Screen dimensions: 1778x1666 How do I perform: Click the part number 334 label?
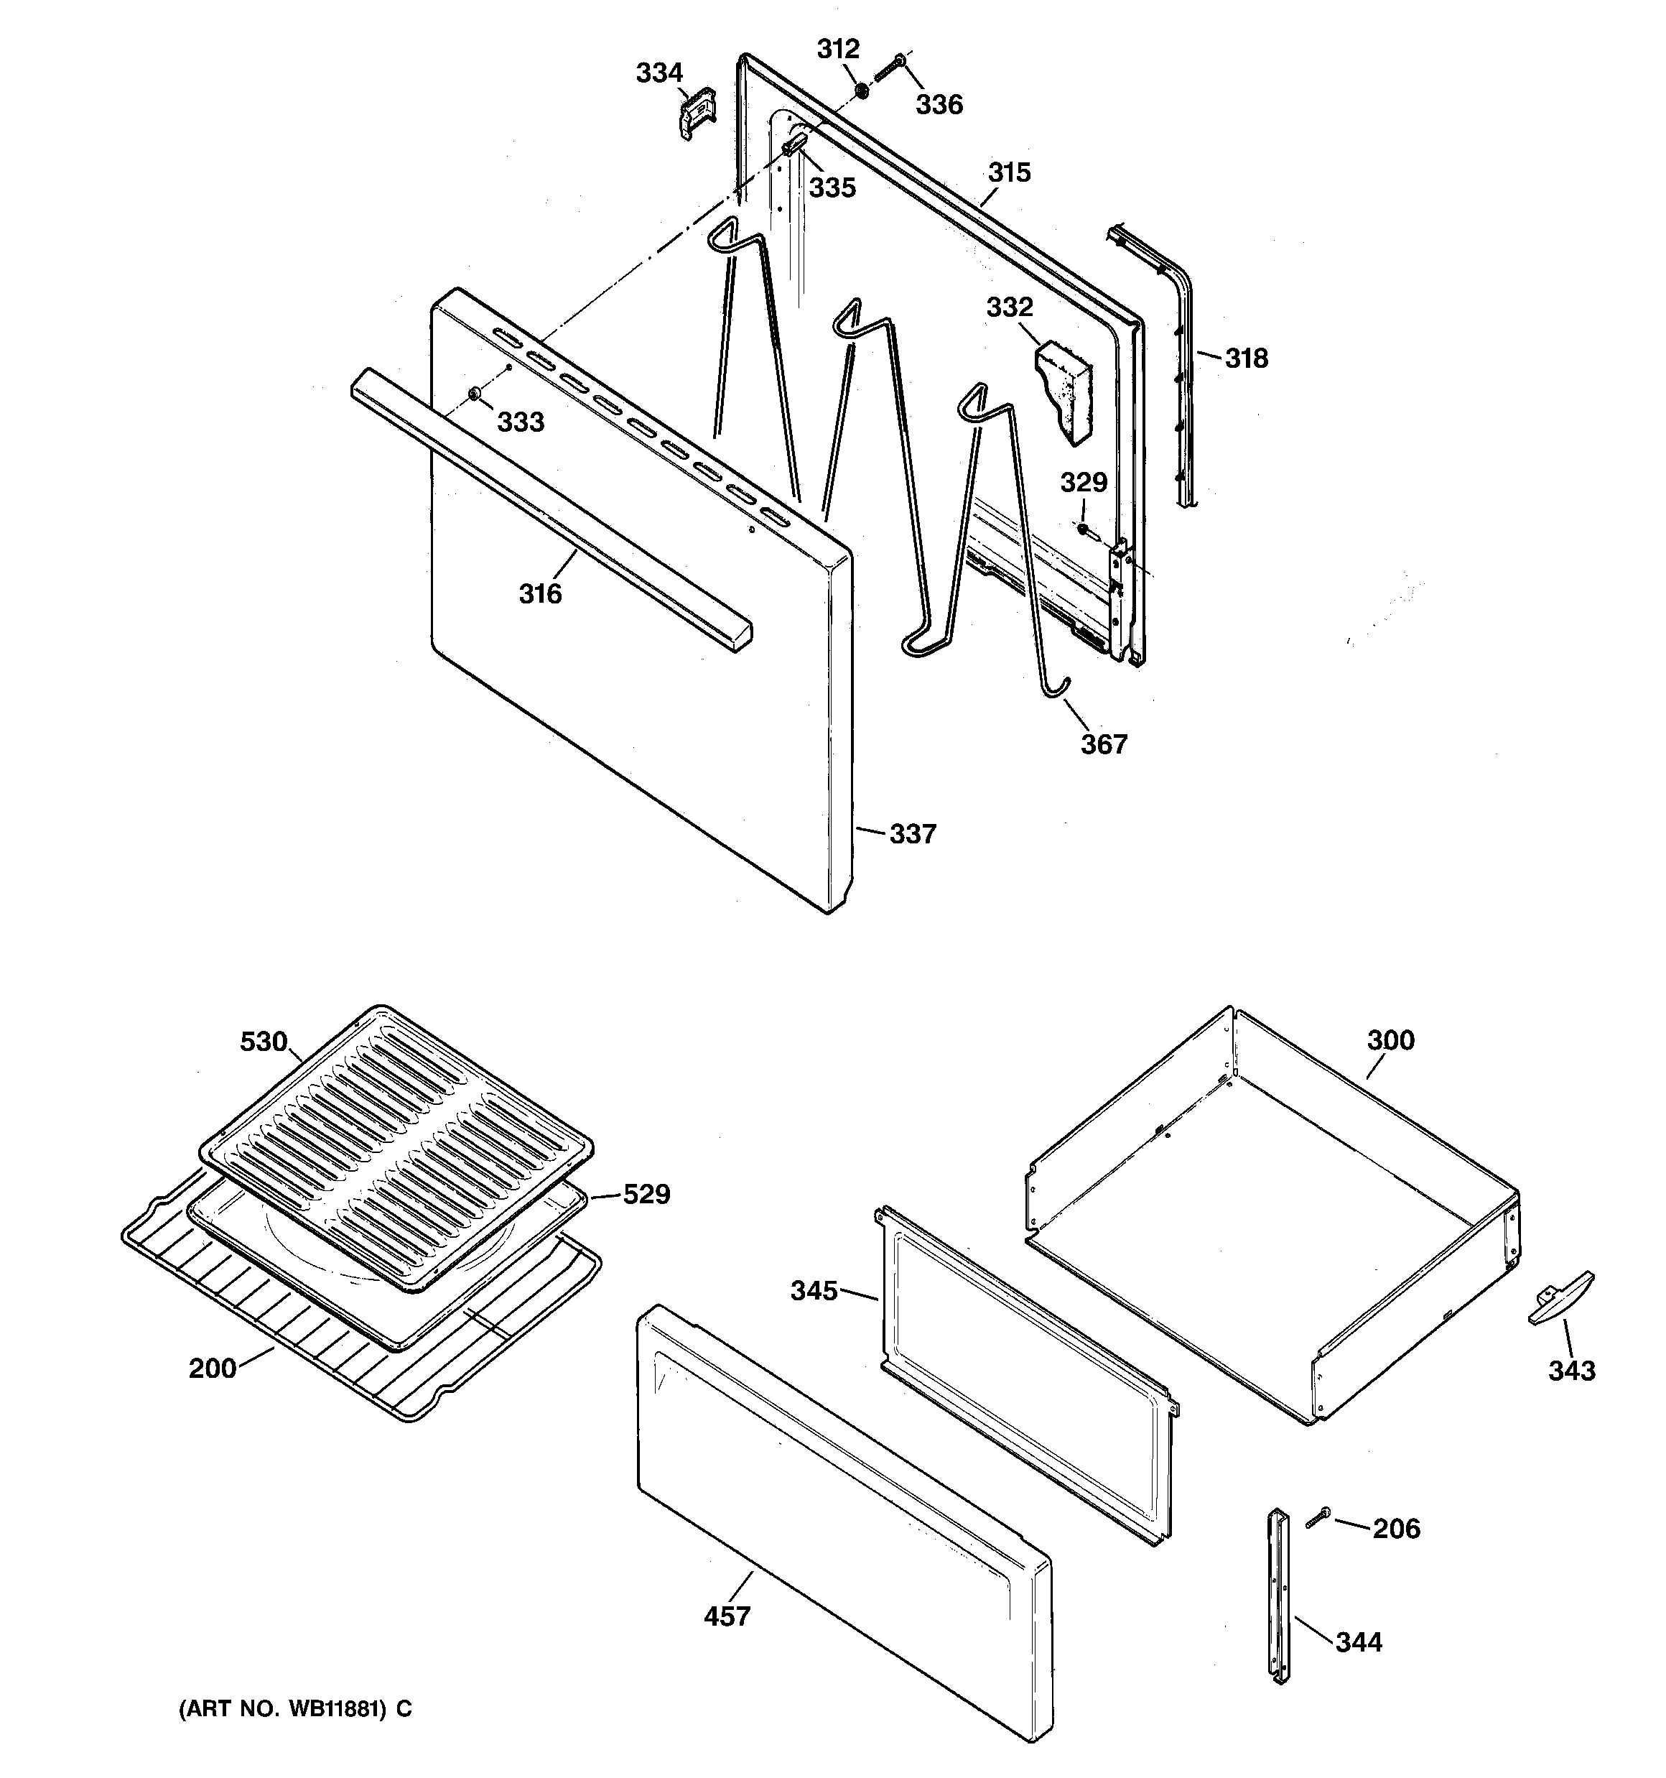coord(659,73)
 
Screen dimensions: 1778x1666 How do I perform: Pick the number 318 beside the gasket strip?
coord(1246,358)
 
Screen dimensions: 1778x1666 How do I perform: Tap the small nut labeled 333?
coord(475,394)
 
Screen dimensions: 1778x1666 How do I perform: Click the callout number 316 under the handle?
coord(540,594)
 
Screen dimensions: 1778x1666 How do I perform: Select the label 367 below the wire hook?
coord(1104,744)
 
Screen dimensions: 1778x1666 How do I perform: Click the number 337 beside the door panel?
coord(912,835)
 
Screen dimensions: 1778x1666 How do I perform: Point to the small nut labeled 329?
coord(1082,529)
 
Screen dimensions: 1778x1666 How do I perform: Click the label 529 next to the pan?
coord(646,1194)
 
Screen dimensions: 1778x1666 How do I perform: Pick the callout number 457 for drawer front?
coord(727,1617)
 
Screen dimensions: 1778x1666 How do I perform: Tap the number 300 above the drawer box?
coord(1390,1040)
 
